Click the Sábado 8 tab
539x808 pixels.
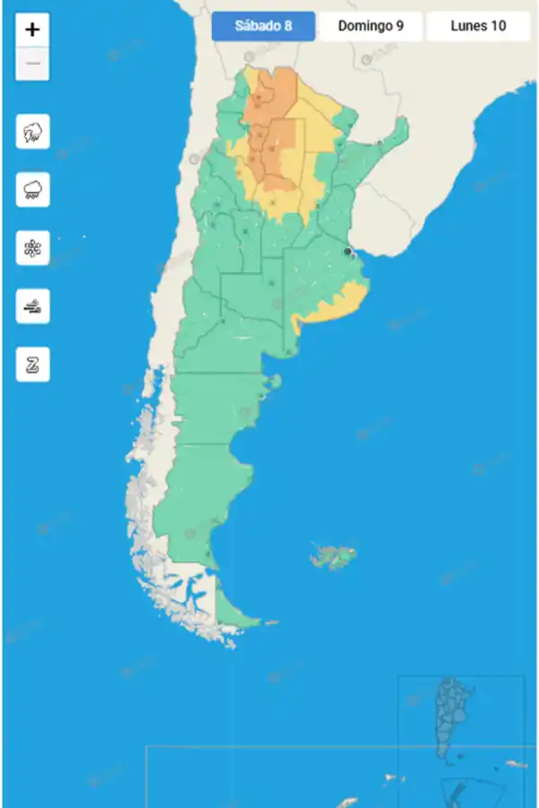point(263,26)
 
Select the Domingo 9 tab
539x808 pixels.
point(370,26)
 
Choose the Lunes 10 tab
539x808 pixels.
point(478,26)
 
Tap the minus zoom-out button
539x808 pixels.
point(32,64)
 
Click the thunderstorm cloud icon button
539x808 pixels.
point(32,133)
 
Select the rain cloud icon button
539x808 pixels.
point(32,190)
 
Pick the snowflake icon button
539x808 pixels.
point(32,248)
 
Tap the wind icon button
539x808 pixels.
point(32,306)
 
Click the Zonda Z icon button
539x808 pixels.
point(32,364)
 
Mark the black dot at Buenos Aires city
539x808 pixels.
point(348,252)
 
